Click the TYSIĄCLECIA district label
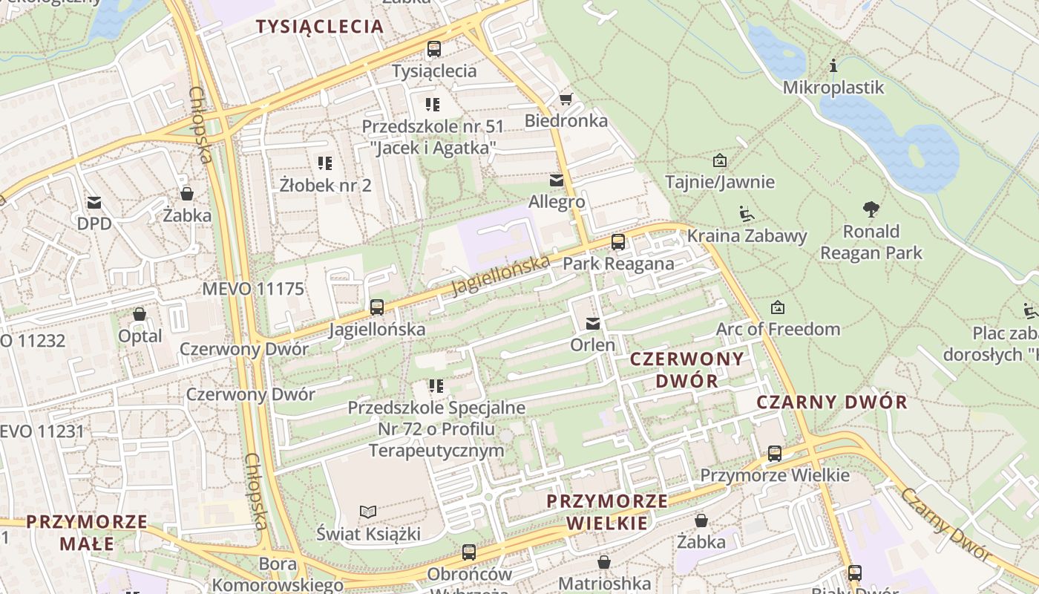point(320,27)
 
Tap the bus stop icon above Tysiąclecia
point(433,49)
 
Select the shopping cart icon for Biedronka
point(566,99)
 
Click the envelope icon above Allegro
point(556,180)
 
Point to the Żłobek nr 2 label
point(326,185)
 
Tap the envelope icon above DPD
point(94,202)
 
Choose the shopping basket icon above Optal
point(140,314)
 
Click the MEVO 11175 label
point(253,289)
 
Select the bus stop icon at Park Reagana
point(617,241)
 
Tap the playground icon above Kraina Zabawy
point(747,214)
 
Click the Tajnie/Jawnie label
point(719,182)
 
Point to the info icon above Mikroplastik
point(833,66)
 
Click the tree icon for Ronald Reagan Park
point(871,209)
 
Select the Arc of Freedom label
point(778,329)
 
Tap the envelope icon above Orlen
point(592,323)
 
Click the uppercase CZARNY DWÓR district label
point(831,402)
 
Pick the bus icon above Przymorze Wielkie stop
point(775,453)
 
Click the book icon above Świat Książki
point(368,511)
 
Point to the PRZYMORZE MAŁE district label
point(87,532)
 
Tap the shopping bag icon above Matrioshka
point(604,561)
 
